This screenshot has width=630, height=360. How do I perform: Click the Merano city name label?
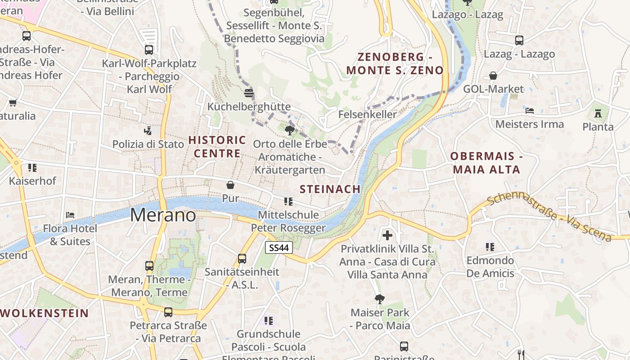click(x=163, y=215)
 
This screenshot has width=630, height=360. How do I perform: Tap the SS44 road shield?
click(x=279, y=247)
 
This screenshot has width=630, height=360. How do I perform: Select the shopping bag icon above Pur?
click(x=230, y=185)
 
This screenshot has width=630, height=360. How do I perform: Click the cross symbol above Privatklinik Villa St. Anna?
click(x=387, y=235)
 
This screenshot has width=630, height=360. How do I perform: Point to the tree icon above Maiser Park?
click(x=380, y=299)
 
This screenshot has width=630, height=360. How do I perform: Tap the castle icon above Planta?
click(x=598, y=113)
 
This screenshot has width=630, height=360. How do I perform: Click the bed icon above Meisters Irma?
click(x=529, y=111)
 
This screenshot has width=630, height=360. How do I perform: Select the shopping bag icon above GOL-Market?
click(x=493, y=76)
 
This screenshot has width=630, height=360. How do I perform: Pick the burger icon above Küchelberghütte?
click(x=249, y=93)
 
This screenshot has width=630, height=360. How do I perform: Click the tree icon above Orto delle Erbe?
click(x=289, y=130)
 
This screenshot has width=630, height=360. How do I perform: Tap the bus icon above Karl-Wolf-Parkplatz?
click(x=149, y=50)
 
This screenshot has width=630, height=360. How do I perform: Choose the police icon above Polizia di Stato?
click(x=148, y=131)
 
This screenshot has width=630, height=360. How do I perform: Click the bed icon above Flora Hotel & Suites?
click(x=70, y=215)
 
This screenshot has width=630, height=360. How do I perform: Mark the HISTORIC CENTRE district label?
click(x=217, y=147)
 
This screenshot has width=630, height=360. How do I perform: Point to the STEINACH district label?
click(x=330, y=189)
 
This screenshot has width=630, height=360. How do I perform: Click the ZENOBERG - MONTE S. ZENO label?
click(x=395, y=63)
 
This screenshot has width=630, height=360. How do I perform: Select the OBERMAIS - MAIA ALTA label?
click(x=486, y=163)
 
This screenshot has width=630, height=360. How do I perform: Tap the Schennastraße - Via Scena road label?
click(x=549, y=217)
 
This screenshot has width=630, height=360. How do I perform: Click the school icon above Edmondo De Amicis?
click(x=490, y=247)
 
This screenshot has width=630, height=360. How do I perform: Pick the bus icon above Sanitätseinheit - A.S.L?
click(x=242, y=258)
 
